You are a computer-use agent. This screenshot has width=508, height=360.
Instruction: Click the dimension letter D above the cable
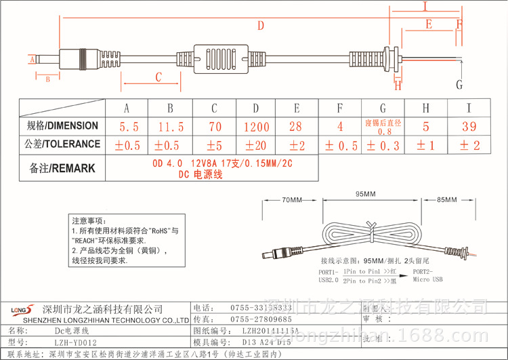[260, 26]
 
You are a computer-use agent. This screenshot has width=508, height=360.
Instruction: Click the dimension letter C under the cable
[158, 77]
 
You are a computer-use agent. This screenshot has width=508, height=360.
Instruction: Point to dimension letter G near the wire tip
[459, 84]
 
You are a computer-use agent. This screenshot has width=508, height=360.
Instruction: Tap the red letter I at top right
[424, 7]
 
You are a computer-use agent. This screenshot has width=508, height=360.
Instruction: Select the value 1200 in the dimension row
[255, 127]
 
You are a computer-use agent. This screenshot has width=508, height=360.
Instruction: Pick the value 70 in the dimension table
[214, 127]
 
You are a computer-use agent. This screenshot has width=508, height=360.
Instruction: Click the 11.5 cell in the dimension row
[170, 127]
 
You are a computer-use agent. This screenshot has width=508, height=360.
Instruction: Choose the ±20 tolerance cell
[255, 144]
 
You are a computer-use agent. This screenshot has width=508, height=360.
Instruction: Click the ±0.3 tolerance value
[383, 145]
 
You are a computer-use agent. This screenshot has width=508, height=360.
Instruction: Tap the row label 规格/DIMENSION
[62, 126]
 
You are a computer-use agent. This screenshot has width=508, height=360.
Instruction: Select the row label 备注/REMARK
[62, 168]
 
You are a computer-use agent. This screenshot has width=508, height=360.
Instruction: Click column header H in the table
[425, 108]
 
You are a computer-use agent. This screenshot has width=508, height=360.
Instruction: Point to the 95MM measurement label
[365, 194]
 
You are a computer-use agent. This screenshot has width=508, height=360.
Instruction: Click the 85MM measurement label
[447, 200]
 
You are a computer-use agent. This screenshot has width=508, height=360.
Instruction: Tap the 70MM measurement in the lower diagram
[291, 200]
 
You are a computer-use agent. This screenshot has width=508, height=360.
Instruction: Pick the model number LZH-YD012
[75, 343]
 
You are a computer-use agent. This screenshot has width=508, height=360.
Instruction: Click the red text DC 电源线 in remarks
[203, 174]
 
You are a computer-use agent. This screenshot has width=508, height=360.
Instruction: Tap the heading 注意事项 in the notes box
[89, 221]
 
